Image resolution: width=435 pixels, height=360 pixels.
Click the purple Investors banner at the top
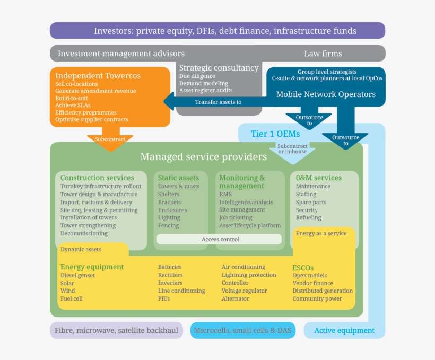(217, 31)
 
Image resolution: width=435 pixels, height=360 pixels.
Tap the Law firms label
(323, 54)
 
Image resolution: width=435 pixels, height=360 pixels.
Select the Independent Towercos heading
(98, 76)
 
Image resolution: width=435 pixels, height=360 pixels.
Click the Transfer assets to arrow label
(218, 102)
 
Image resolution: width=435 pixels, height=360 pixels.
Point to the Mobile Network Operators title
(326, 94)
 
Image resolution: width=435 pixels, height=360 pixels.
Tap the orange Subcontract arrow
(110, 139)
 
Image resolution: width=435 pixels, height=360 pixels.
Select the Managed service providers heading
(203, 157)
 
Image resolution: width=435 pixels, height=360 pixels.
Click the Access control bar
(220, 239)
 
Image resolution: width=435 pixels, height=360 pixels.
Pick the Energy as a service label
(321, 233)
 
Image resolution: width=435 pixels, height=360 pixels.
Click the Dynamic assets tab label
(81, 249)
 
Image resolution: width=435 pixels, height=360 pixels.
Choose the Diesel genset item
(77, 275)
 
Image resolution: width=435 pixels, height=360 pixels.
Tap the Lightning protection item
(249, 275)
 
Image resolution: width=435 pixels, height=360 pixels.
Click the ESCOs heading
(306, 268)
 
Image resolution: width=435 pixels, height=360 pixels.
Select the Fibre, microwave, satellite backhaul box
(116, 330)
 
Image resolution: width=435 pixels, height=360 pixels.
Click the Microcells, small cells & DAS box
(242, 330)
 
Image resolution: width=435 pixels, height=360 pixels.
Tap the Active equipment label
(344, 330)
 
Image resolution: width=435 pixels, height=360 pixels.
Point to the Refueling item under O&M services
(308, 218)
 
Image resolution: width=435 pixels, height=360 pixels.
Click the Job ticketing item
(236, 218)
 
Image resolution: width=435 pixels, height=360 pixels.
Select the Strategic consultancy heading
(219, 68)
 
